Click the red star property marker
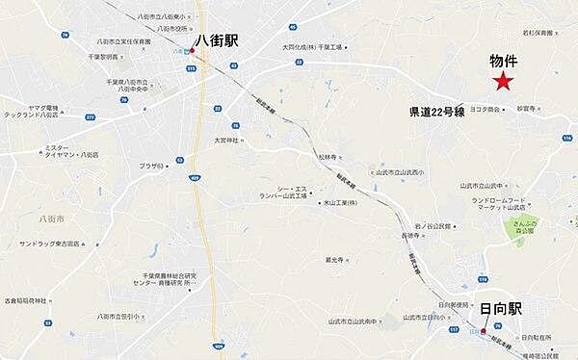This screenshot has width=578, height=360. point(501,83)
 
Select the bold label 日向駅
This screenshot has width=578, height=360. point(501,308)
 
